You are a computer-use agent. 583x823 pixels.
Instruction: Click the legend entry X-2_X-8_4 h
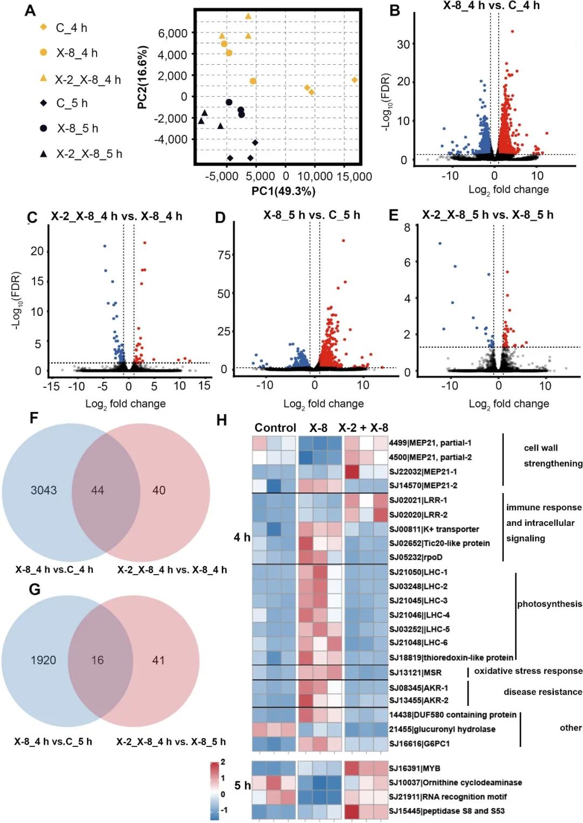point(87,79)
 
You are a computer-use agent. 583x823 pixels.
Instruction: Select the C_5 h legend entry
point(72,103)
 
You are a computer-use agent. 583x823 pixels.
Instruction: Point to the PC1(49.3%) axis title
point(283,191)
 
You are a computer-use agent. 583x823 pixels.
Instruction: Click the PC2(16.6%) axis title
point(143,78)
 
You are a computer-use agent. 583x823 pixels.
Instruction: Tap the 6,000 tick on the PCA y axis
point(172,33)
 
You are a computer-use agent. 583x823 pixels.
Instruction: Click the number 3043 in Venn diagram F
point(44,490)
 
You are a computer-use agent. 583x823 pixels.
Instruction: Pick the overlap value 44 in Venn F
point(98,490)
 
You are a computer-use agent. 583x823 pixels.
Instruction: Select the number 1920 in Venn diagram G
point(43,660)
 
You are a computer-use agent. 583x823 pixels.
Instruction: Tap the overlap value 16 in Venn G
point(97,660)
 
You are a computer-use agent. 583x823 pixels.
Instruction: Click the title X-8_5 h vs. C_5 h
point(311,215)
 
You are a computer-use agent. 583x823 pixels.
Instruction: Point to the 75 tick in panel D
point(224,255)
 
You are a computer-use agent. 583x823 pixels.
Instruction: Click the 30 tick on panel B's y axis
point(403,44)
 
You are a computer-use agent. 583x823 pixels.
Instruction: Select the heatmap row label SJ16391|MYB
point(415,768)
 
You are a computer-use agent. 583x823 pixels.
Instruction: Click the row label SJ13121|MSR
point(415,672)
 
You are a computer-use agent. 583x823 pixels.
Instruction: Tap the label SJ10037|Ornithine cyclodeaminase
point(455,782)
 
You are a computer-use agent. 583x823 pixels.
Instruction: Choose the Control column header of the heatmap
point(275,428)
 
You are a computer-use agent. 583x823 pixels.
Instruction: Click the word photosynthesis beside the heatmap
point(550,604)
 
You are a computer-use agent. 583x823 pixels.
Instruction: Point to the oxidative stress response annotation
point(528,671)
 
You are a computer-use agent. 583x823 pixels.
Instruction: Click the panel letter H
point(221,420)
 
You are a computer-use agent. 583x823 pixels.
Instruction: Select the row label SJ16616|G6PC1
point(419,744)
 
